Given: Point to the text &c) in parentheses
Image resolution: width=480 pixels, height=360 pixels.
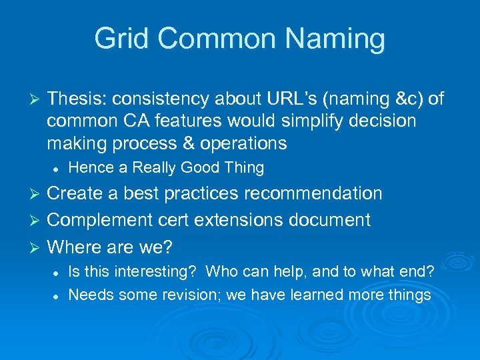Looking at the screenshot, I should pyautogui.click(x=406, y=99).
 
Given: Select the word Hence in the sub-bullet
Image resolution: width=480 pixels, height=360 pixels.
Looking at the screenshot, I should pyautogui.click(x=88, y=167).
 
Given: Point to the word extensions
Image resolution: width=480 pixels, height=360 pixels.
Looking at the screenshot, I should pyautogui.click(x=261, y=220).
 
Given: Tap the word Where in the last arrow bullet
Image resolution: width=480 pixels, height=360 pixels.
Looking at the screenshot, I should pyautogui.click(x=73, y=247).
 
